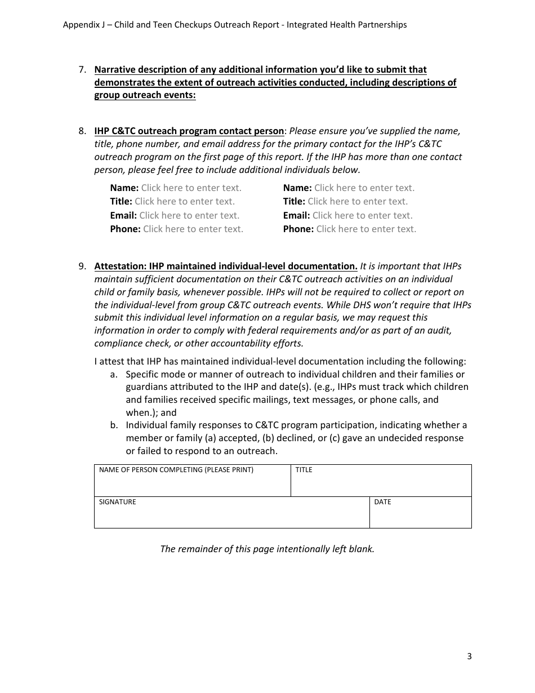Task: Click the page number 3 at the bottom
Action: pyautogui.click(x=469, y=656)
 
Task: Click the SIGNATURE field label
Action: pyautogui.click(x=118, y=502)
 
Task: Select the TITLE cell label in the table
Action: pyautogui.click(x=304, y=470)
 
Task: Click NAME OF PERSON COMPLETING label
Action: pyautogui.click(x=176, y=470)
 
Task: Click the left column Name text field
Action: pyautogui.click(x=191, y=188)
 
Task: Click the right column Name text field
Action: pyautogui.click(x=364, y=188)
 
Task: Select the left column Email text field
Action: pyautogui.click(x=189, y=215)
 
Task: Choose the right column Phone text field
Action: pyautogui.click(x=366, y=229)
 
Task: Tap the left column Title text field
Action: pyautogui.click(x=185, y=202)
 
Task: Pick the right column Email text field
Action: pyautogui.click(x=362, y=215)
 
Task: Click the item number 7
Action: pyautogui.click(x=82, y=70)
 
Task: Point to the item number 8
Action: pyautogui.click(x=82, y=131)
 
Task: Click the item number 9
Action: pyautogui.click(x=82, y=266)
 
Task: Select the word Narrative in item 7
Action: pyautogui.click(x=115, y=70)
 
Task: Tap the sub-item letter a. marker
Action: pyautogui.click(x=114, y=374)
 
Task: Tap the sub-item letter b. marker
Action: pyautogui.click(x=114, y=425)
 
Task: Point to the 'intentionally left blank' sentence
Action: pyautogui.click(x=267, y=549)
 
